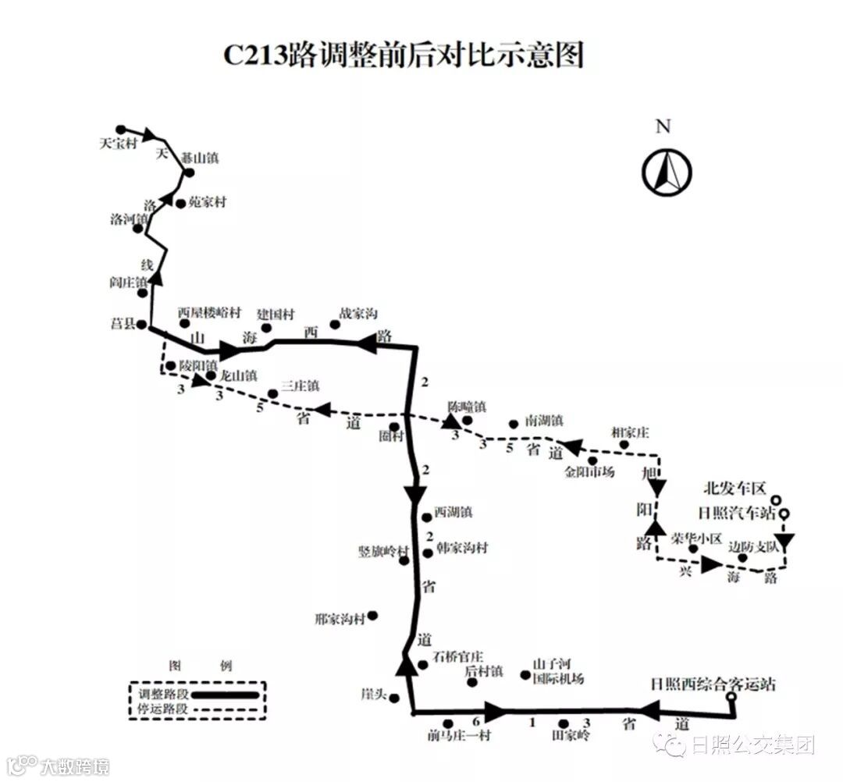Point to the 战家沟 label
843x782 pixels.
358,313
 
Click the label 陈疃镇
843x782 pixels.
467,407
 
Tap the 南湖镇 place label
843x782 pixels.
544,420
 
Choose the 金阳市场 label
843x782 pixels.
591,471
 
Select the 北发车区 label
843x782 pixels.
734,489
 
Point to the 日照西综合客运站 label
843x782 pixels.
713,684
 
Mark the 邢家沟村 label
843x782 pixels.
340,619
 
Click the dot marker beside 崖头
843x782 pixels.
393,698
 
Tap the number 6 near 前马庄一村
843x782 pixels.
475,722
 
